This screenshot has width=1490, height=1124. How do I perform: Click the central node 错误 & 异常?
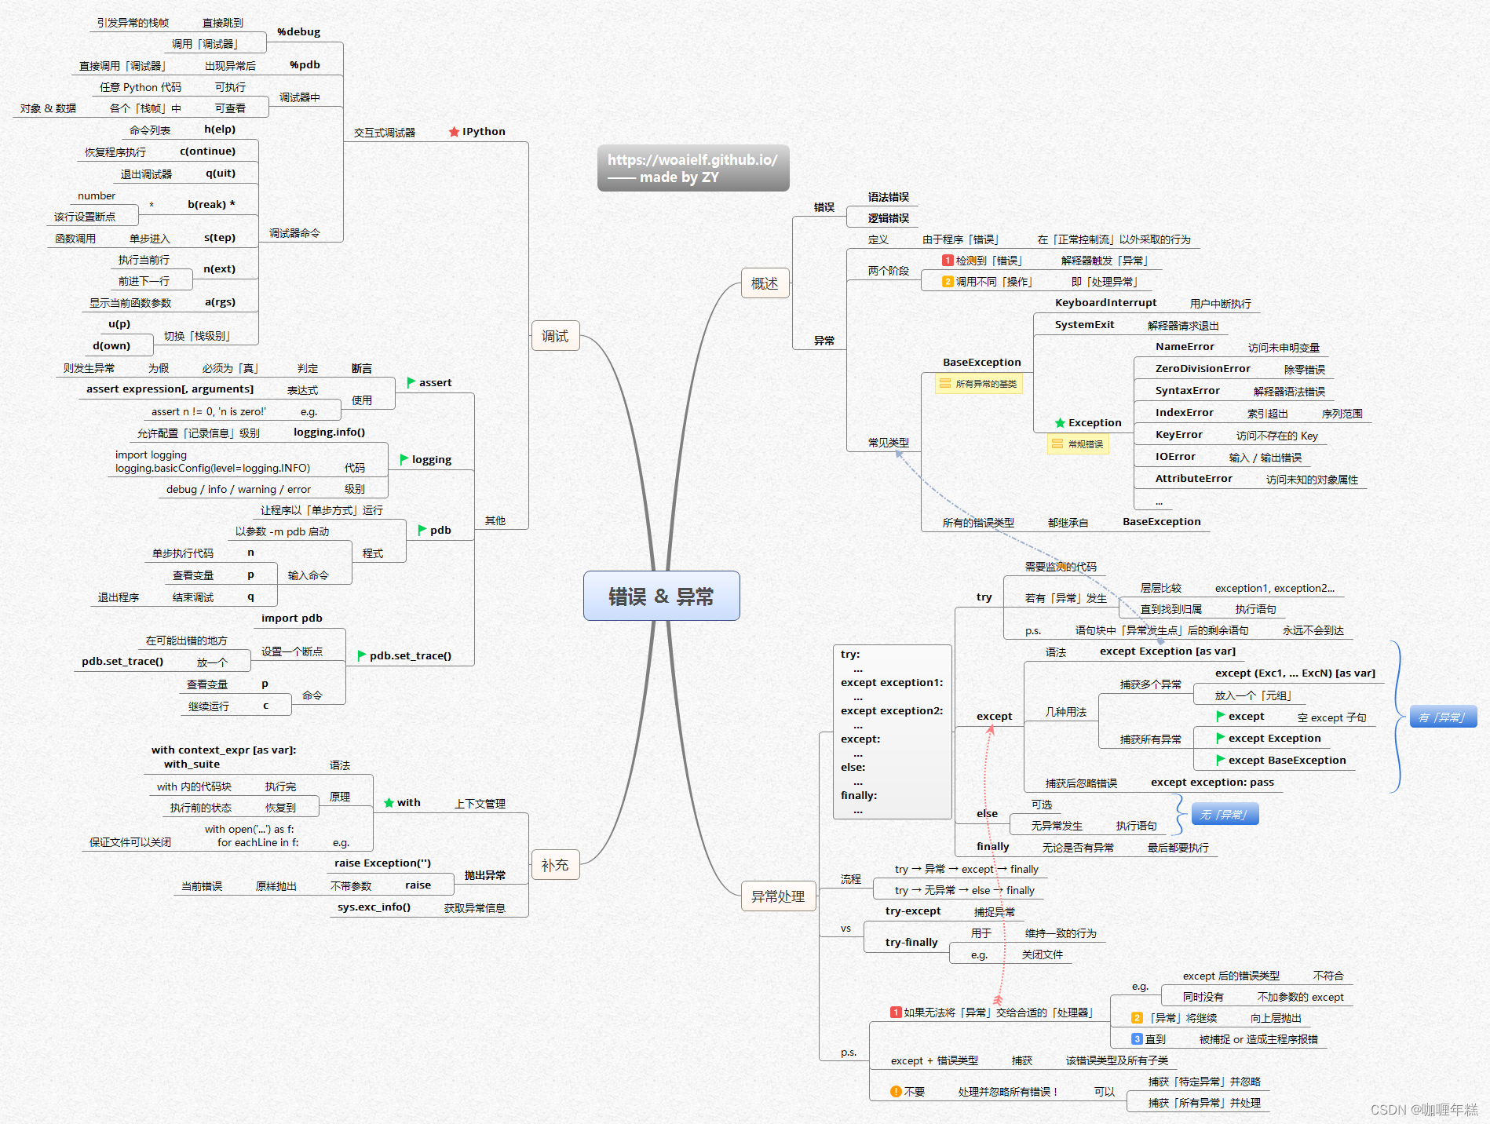tap(661, 597)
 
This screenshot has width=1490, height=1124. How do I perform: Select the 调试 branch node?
tap(555, 336)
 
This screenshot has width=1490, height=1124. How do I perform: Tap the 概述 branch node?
tap(765, 283)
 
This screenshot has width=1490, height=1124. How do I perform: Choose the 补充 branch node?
tap(555, 865)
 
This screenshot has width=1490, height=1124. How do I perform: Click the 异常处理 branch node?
tap(777, 896)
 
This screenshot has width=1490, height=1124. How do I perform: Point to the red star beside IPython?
tap(454, 132)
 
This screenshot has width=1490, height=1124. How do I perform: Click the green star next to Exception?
tap(1060, 423)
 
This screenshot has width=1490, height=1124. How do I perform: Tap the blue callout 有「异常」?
tap(1443, 717)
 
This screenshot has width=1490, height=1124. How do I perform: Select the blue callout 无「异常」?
tap(1225, 815)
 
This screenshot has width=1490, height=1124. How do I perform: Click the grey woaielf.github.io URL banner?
tap(693, 168)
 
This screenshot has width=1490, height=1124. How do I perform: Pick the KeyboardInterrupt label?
tap(1105, 303)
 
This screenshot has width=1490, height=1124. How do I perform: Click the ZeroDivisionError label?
tap(1203, 369)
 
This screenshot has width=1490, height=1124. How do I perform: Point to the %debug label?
tap(298, 32)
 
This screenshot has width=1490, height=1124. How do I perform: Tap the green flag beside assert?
tap(411, 382)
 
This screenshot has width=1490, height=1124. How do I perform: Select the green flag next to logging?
tap(404, 459)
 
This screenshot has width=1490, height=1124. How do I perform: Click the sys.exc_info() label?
tap(374, 907)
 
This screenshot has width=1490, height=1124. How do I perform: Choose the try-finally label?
tap(911, 943)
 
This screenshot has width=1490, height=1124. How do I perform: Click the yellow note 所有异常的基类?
tap(979, 384)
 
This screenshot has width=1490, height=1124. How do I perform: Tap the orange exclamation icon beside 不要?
tap(896, 1092)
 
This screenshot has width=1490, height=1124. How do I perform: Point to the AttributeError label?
tap(1193, 479)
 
